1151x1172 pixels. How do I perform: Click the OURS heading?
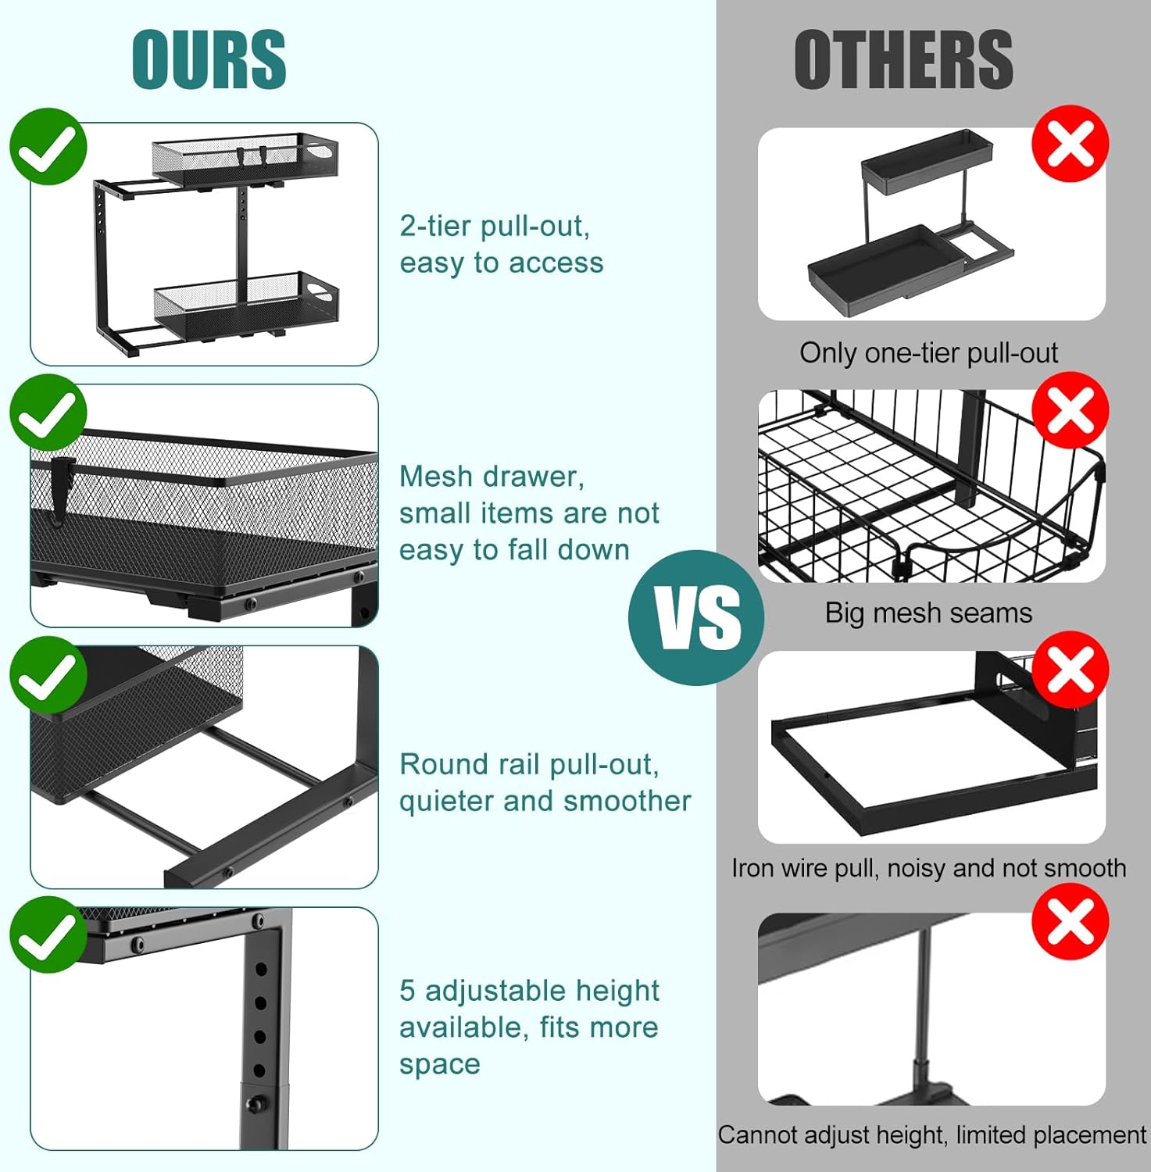[209, 59]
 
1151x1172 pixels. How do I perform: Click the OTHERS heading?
[903, 59]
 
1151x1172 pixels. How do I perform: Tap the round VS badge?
[696, 618]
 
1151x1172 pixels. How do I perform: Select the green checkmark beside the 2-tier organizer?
[48, 146]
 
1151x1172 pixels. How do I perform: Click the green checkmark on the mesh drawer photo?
[48, 412]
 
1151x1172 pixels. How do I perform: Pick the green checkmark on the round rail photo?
[48, 674]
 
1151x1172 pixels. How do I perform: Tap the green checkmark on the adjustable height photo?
[48, 934]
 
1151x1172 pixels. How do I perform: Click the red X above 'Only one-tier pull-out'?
[1071, 144]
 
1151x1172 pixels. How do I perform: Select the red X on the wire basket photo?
[1071, 410]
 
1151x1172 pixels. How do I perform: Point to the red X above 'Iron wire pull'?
[1071, 670]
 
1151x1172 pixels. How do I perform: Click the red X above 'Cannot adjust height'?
[1071, 922]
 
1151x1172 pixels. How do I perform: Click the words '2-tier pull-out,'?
[495, 227]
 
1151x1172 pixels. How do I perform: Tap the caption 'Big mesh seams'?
[928, 613]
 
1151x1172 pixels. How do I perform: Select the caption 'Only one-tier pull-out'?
[928, 353]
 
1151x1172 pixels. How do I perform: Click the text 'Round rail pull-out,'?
[529, 764]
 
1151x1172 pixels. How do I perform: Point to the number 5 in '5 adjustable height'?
[407, 991]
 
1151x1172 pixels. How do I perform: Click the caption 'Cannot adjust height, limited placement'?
[931, 1135]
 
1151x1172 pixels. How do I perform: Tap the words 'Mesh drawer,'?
[491, 477]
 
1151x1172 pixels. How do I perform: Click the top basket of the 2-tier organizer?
[245, 161]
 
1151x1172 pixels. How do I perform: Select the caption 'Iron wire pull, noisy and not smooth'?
[928, 868]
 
